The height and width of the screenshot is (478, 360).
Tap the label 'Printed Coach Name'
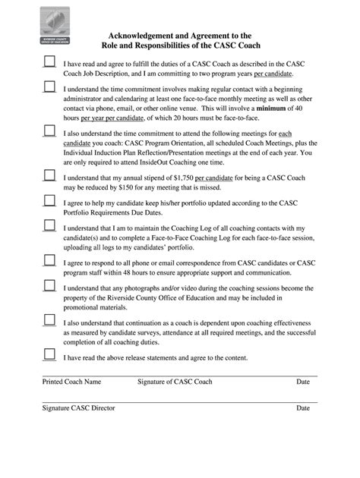tap(71, 382)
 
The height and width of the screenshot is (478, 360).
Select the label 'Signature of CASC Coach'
tap(175, 382)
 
